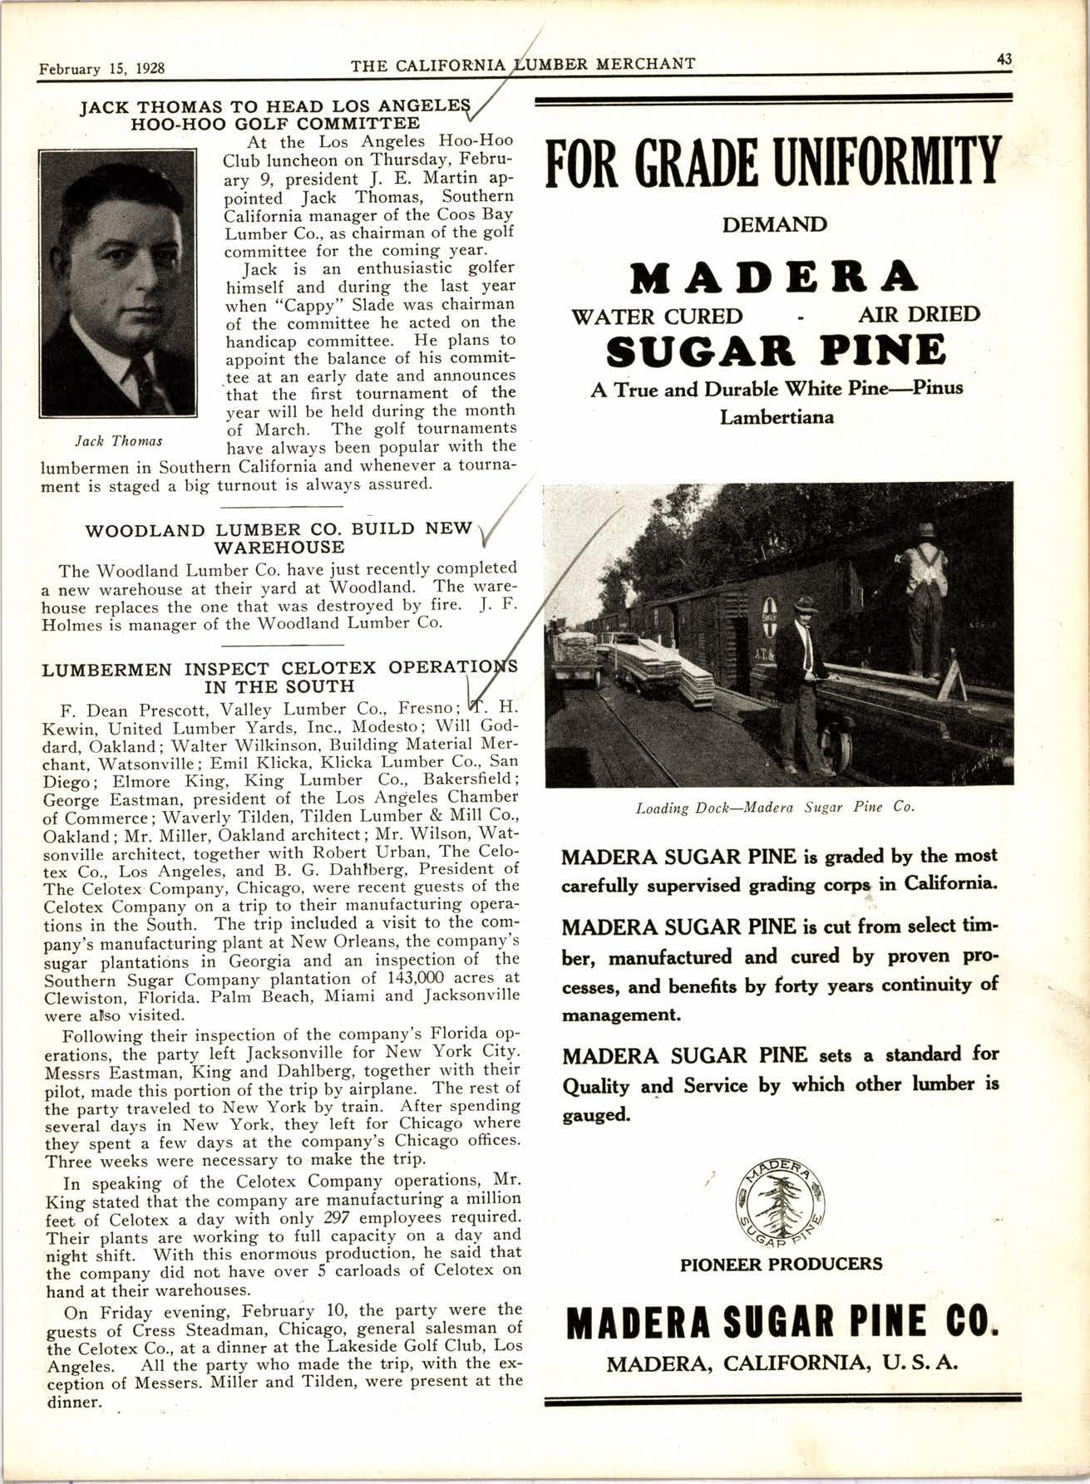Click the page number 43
[1004, 60]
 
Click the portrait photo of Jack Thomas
[118, 283]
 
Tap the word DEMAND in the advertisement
[774, 225]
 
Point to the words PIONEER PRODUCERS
[781, 1264]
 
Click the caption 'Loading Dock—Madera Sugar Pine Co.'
[775, 807]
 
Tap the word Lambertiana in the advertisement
[777, 417]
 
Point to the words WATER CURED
[657, 316]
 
